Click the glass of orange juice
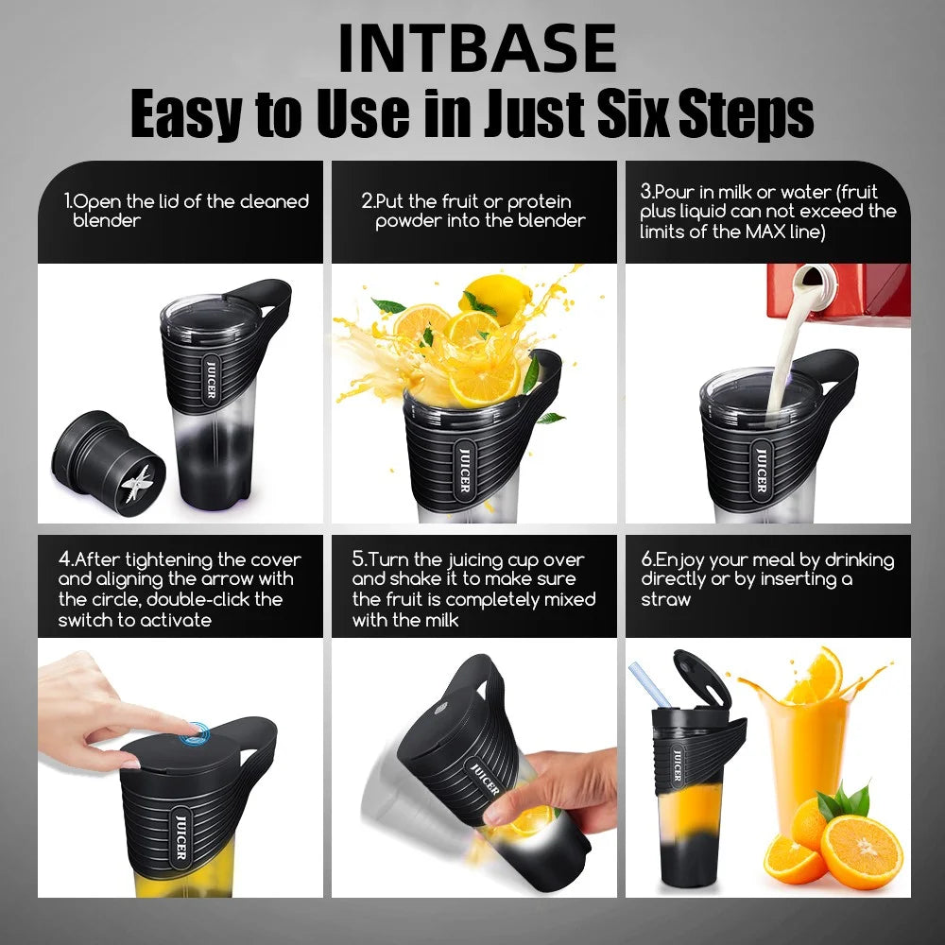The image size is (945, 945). (808, 747)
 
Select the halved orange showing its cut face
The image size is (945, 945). (861, 850)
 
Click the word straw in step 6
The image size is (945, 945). (665, 599)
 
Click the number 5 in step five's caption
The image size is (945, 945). (359, 559)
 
